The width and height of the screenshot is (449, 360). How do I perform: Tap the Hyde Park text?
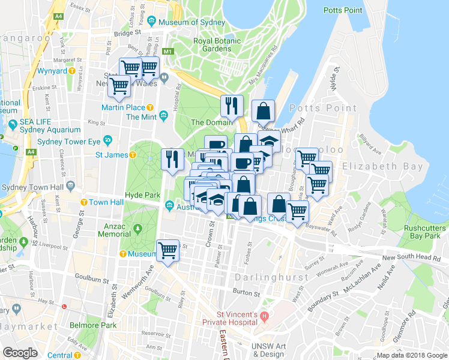click(142, 195)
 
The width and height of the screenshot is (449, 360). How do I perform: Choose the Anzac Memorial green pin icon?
click(138, 229)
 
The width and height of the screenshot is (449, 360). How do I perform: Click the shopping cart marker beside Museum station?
click(167, 251)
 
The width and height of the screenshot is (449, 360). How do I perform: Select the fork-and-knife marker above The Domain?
click(231, 106)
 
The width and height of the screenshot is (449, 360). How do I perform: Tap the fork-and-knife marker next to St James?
click(172, 159)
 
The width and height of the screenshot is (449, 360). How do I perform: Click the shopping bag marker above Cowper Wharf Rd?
click(263, 111)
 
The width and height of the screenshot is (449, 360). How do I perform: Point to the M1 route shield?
click(168, 52)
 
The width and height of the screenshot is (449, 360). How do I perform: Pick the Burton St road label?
click(247, 294)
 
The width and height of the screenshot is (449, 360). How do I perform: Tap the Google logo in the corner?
click(20, 353)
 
